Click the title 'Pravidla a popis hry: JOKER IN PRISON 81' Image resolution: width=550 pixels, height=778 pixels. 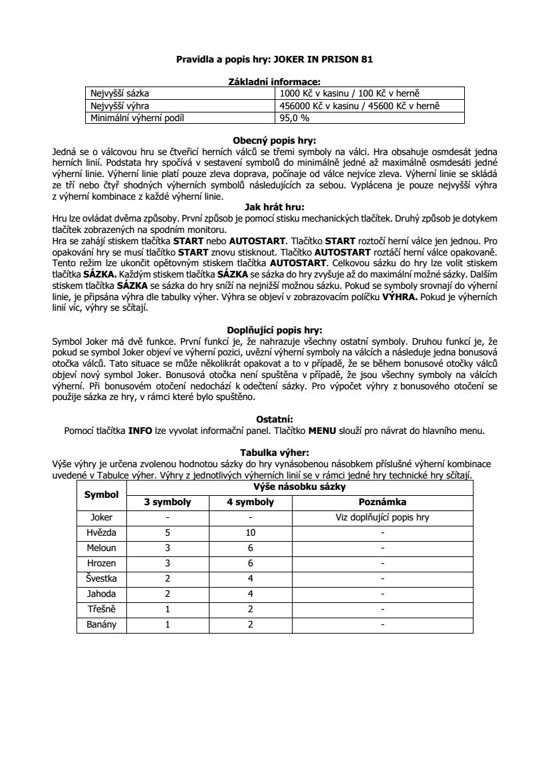(x=275, y=59)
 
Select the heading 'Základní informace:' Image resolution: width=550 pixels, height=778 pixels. (x=275, y=82)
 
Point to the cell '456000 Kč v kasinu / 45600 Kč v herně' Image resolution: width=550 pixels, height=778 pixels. (x=360, y=106)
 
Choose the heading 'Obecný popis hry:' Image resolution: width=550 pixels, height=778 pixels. (x=275, y=141)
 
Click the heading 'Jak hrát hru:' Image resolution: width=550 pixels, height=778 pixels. (x=275, y=207)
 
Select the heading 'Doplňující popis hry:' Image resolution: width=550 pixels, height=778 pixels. (x=275, y=329)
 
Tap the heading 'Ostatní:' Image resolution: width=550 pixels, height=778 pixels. (x=275, y=419)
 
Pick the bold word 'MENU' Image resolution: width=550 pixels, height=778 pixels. (x=323, y=431)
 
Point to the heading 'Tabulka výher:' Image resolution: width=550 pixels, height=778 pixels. (x=275, y=452)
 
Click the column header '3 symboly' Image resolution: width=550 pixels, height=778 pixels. (x=168, y=502)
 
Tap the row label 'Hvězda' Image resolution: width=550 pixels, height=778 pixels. (x=101, y=533)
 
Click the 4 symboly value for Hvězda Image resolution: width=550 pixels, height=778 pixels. (x=250, y=533)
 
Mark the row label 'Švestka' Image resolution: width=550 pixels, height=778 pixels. (x=101, y=578)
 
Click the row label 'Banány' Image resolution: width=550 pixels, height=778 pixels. (x=101, y=625)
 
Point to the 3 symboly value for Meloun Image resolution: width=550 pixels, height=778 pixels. (x=168, y=548)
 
